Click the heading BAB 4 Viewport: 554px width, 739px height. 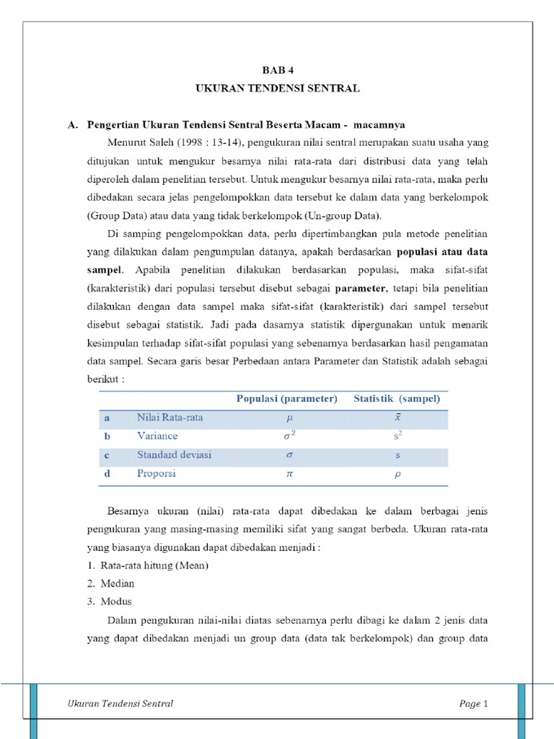coord(277,70)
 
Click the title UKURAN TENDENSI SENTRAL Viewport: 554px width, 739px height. coord(277,88)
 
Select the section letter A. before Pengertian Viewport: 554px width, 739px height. coord(72,125)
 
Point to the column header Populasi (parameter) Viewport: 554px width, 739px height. coord(286,398)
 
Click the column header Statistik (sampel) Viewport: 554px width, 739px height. coord(396,398)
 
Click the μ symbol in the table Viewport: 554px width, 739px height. coord(287,417)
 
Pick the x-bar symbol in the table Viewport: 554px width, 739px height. coord(397,417)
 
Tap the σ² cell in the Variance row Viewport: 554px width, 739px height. coord(287,436)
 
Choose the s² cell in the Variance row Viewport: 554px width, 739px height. coord(397,436)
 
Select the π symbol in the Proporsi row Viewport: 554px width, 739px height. coord(287,474)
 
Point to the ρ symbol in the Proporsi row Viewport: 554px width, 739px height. coord(397,474)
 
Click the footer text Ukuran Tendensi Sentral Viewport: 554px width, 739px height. coord(120,704)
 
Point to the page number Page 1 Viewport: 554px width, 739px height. coord(474,704)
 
